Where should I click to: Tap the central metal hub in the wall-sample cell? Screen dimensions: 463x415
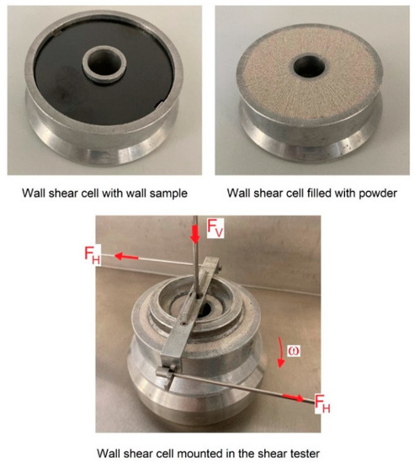102,61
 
